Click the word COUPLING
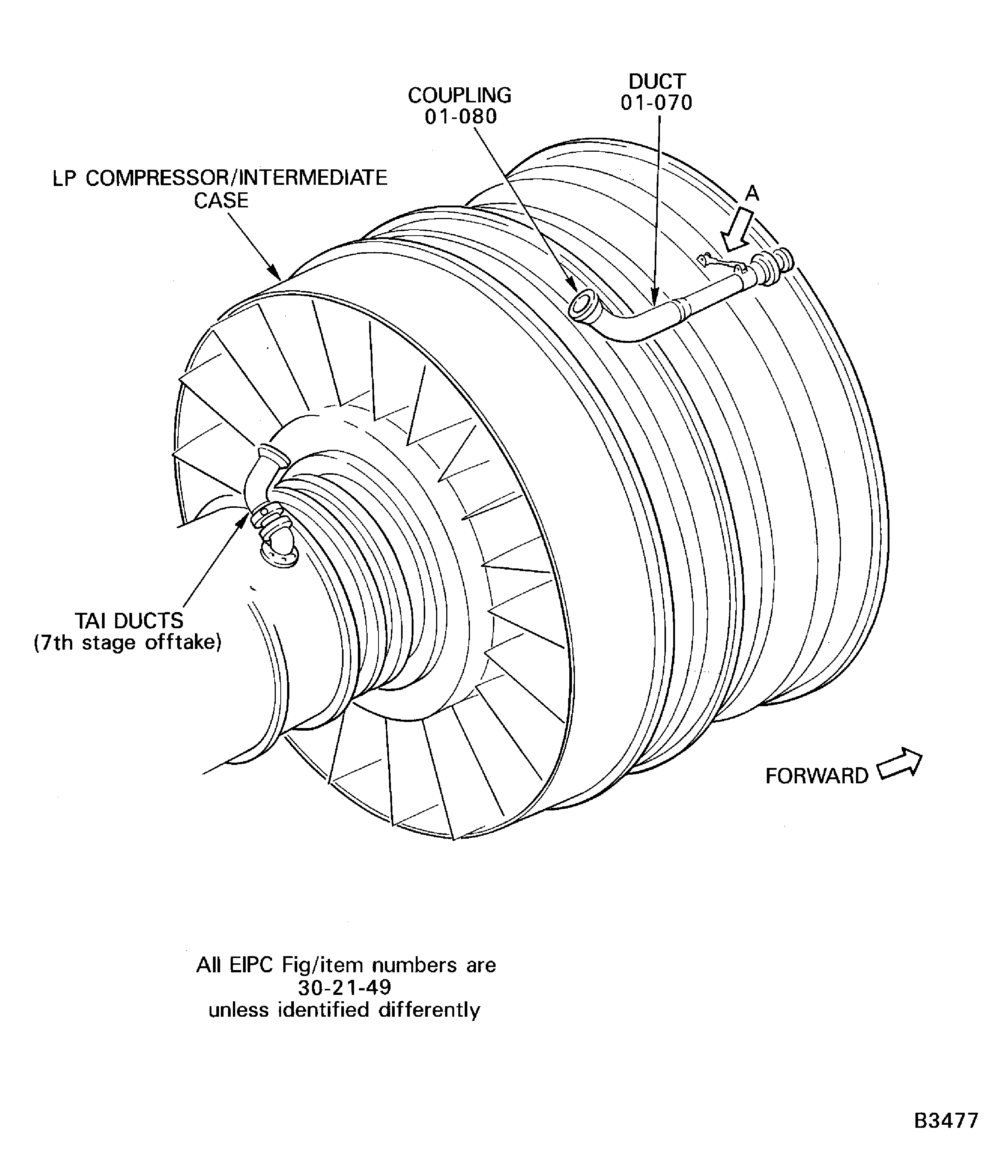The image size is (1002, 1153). click(460, 95)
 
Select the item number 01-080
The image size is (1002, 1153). click(461, 117)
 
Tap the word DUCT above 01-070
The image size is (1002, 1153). click(657, 82)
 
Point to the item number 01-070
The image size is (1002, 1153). click(657, 103)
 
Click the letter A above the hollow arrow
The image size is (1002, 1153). click(753, 193)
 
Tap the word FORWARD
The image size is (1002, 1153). click(817, 777)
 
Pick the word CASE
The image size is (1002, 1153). click(221, 200)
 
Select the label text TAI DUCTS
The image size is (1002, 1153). click(129, 621)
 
